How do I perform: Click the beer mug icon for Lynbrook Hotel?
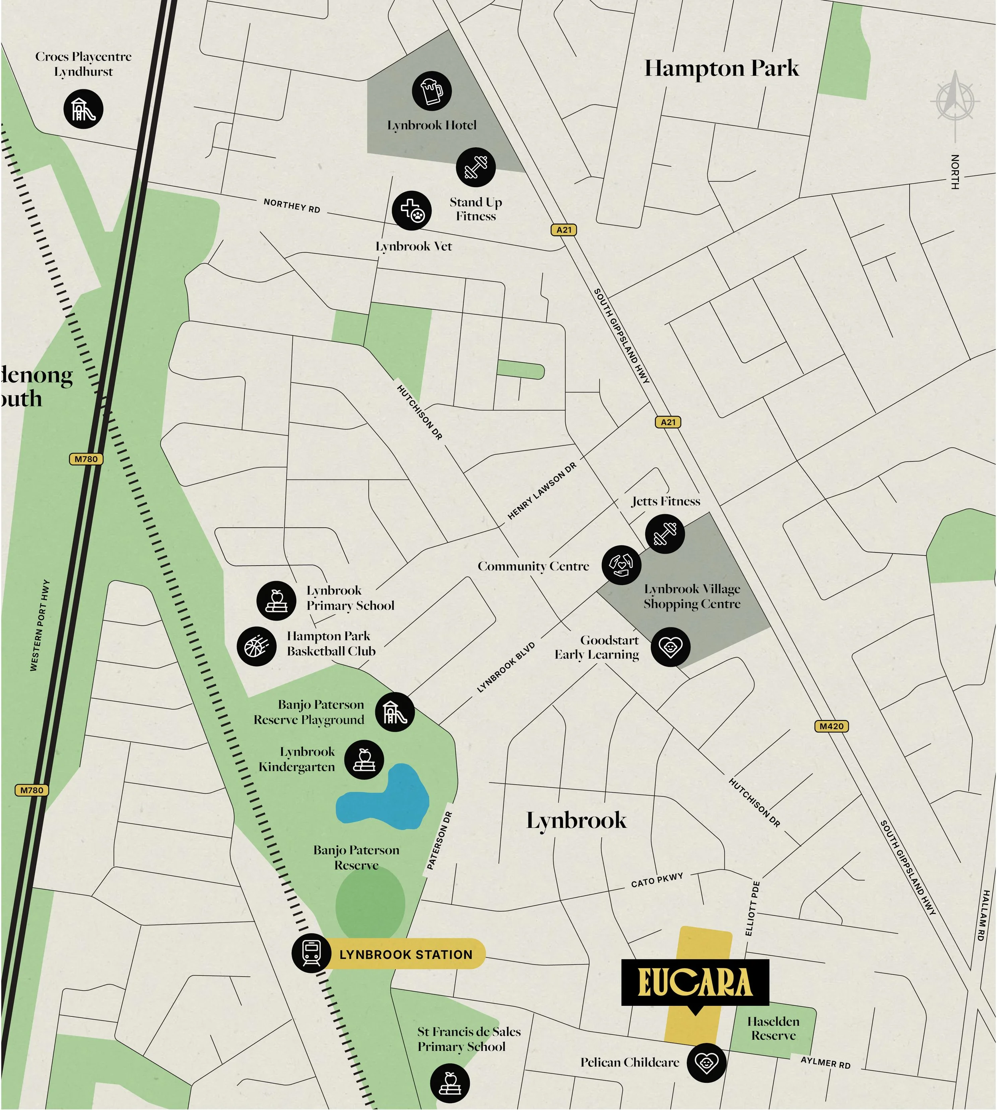[x=432, y=91]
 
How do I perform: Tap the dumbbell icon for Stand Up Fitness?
[x=475, y=167]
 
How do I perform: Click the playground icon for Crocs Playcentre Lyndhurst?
[x=83, y=109]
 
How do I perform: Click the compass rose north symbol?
[x=955, y=101]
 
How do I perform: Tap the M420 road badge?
[x=831, y=726]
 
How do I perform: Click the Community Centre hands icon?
[x=621, y=565]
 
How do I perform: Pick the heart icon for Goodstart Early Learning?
[x=670, y=647]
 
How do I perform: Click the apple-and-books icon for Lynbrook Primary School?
[x=276, y=601]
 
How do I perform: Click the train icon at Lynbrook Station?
[x=311, y=954]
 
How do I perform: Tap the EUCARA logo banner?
[x=695, y=982]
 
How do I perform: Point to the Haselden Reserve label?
[x=773, y=1028]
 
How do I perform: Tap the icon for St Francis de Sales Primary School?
[x=450, y=1083]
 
